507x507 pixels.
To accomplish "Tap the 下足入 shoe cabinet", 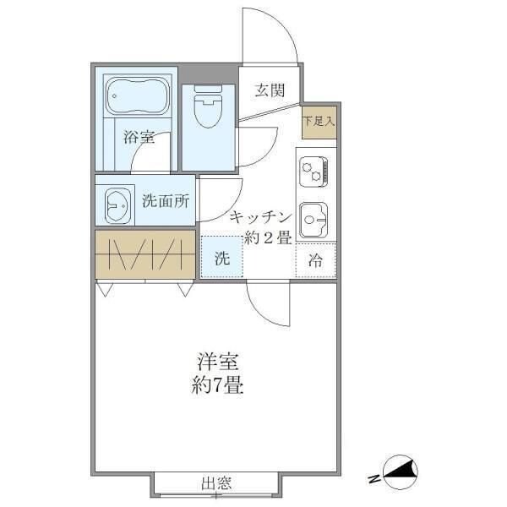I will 319,120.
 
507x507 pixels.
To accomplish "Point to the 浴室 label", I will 139,137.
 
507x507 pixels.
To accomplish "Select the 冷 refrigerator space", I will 315,261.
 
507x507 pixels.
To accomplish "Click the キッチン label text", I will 260,216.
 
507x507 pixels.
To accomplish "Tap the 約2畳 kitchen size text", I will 268,237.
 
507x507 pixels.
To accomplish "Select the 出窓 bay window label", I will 216,484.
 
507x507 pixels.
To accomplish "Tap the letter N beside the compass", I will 373,480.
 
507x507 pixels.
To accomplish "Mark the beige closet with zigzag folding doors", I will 144,254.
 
